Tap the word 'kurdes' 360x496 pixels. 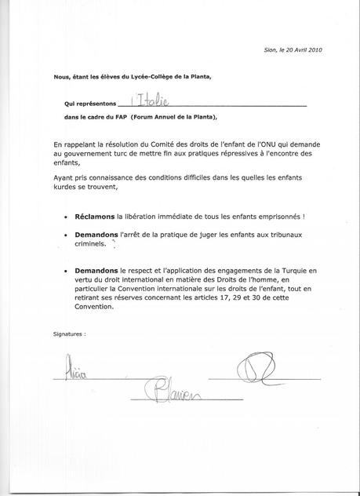tap(67, 188)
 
